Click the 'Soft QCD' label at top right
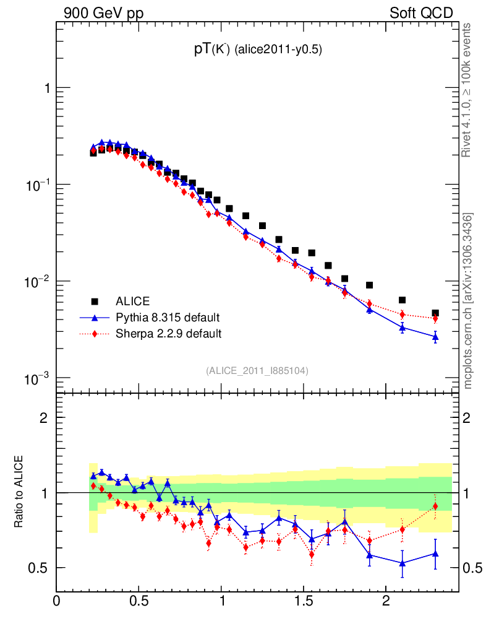point(421,13)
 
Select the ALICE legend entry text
point(133,302)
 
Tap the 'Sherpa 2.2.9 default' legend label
point(169,334)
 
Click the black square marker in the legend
point(95,302)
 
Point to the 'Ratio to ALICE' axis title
point(20,493)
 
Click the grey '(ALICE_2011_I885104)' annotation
point(257,370)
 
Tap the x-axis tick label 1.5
point(304,601)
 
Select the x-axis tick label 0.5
point(139,601)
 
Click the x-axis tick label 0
point(57,601)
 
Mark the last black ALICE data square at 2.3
point(435,313)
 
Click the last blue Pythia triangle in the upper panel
point(435,337)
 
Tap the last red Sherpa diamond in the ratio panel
point(435,506)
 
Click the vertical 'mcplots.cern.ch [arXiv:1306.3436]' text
point(468,301)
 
